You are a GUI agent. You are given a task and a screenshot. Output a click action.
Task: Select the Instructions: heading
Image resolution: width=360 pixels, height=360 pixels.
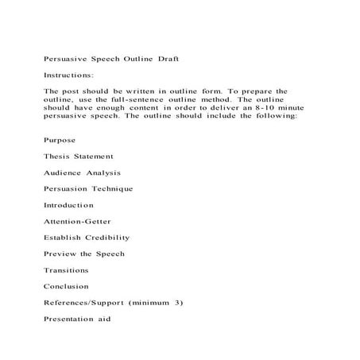69,75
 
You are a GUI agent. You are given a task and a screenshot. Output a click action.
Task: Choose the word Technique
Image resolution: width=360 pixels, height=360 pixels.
111,188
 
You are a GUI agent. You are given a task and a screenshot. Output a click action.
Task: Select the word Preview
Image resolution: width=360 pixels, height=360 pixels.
61,254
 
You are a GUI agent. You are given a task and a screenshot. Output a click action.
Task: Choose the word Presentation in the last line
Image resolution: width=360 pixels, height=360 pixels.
75,319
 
